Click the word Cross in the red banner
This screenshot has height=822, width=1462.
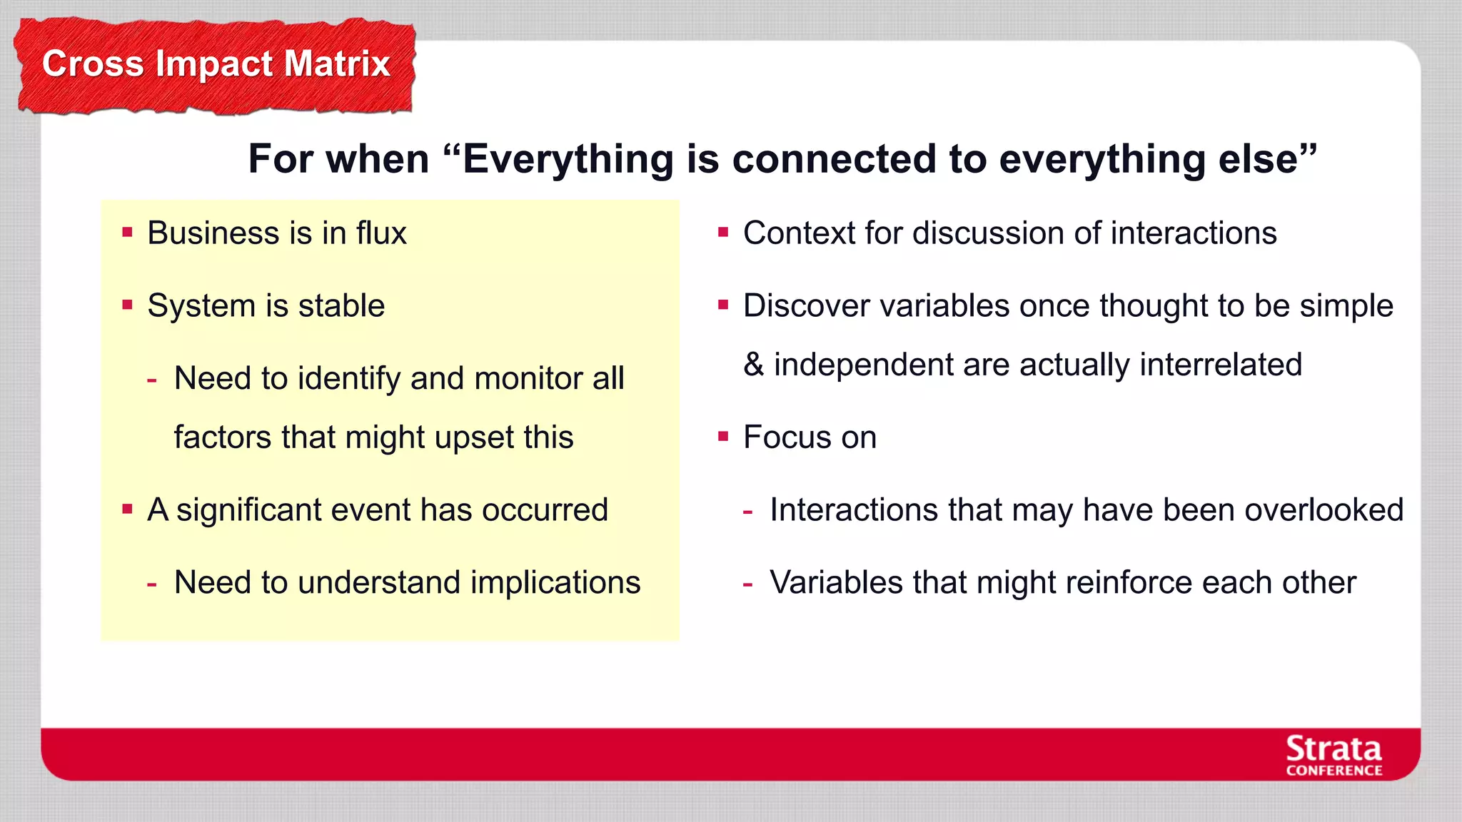click(x=93, y=63)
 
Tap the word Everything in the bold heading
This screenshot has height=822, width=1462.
click(x=568, y=158)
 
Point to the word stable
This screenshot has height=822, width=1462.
click(x=341, y=306)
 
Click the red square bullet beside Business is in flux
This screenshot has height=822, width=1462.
click(x=128, y=232)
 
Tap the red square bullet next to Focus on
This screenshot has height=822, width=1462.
click(x=723, y=436)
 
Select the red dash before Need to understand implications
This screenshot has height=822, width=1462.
click(x=151, y=584)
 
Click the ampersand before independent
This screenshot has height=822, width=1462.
click(x=753, y=365)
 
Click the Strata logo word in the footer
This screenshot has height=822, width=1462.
click(x=1334, y=749)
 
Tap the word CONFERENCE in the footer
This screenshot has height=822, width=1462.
click(x=1334, y=771)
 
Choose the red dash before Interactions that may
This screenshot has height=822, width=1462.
click(x=747, y=512)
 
